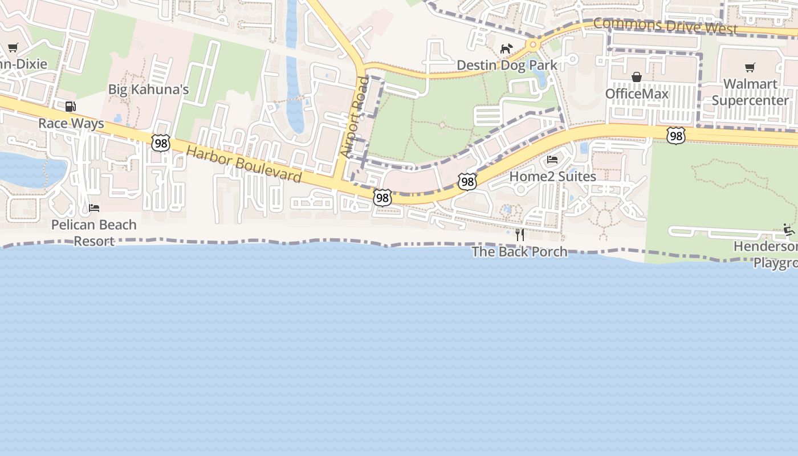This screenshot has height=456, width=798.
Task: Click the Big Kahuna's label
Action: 148,89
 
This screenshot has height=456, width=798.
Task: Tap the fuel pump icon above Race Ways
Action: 71,106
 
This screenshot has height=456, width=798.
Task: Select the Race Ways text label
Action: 71,123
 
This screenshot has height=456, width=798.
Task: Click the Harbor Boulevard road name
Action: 244,164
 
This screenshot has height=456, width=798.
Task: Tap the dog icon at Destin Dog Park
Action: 506,48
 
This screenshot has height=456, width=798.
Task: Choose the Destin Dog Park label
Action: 507,65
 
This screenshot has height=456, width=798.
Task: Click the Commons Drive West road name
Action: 665,26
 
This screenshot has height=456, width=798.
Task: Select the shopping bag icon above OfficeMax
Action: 637,76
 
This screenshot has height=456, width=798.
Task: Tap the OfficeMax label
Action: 637,93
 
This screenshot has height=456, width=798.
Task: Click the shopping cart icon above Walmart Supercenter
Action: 750,67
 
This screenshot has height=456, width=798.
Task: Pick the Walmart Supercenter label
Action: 750,92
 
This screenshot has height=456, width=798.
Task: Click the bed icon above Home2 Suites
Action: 552,160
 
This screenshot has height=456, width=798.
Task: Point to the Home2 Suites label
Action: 552,176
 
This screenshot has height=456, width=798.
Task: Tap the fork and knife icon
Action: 519,234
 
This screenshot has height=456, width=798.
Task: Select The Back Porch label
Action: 519,251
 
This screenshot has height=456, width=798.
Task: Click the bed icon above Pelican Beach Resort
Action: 94,207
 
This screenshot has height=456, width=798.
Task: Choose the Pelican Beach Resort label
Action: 94,233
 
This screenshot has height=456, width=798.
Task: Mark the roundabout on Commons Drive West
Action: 533,44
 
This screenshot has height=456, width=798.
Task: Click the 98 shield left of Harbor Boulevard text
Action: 161,143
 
